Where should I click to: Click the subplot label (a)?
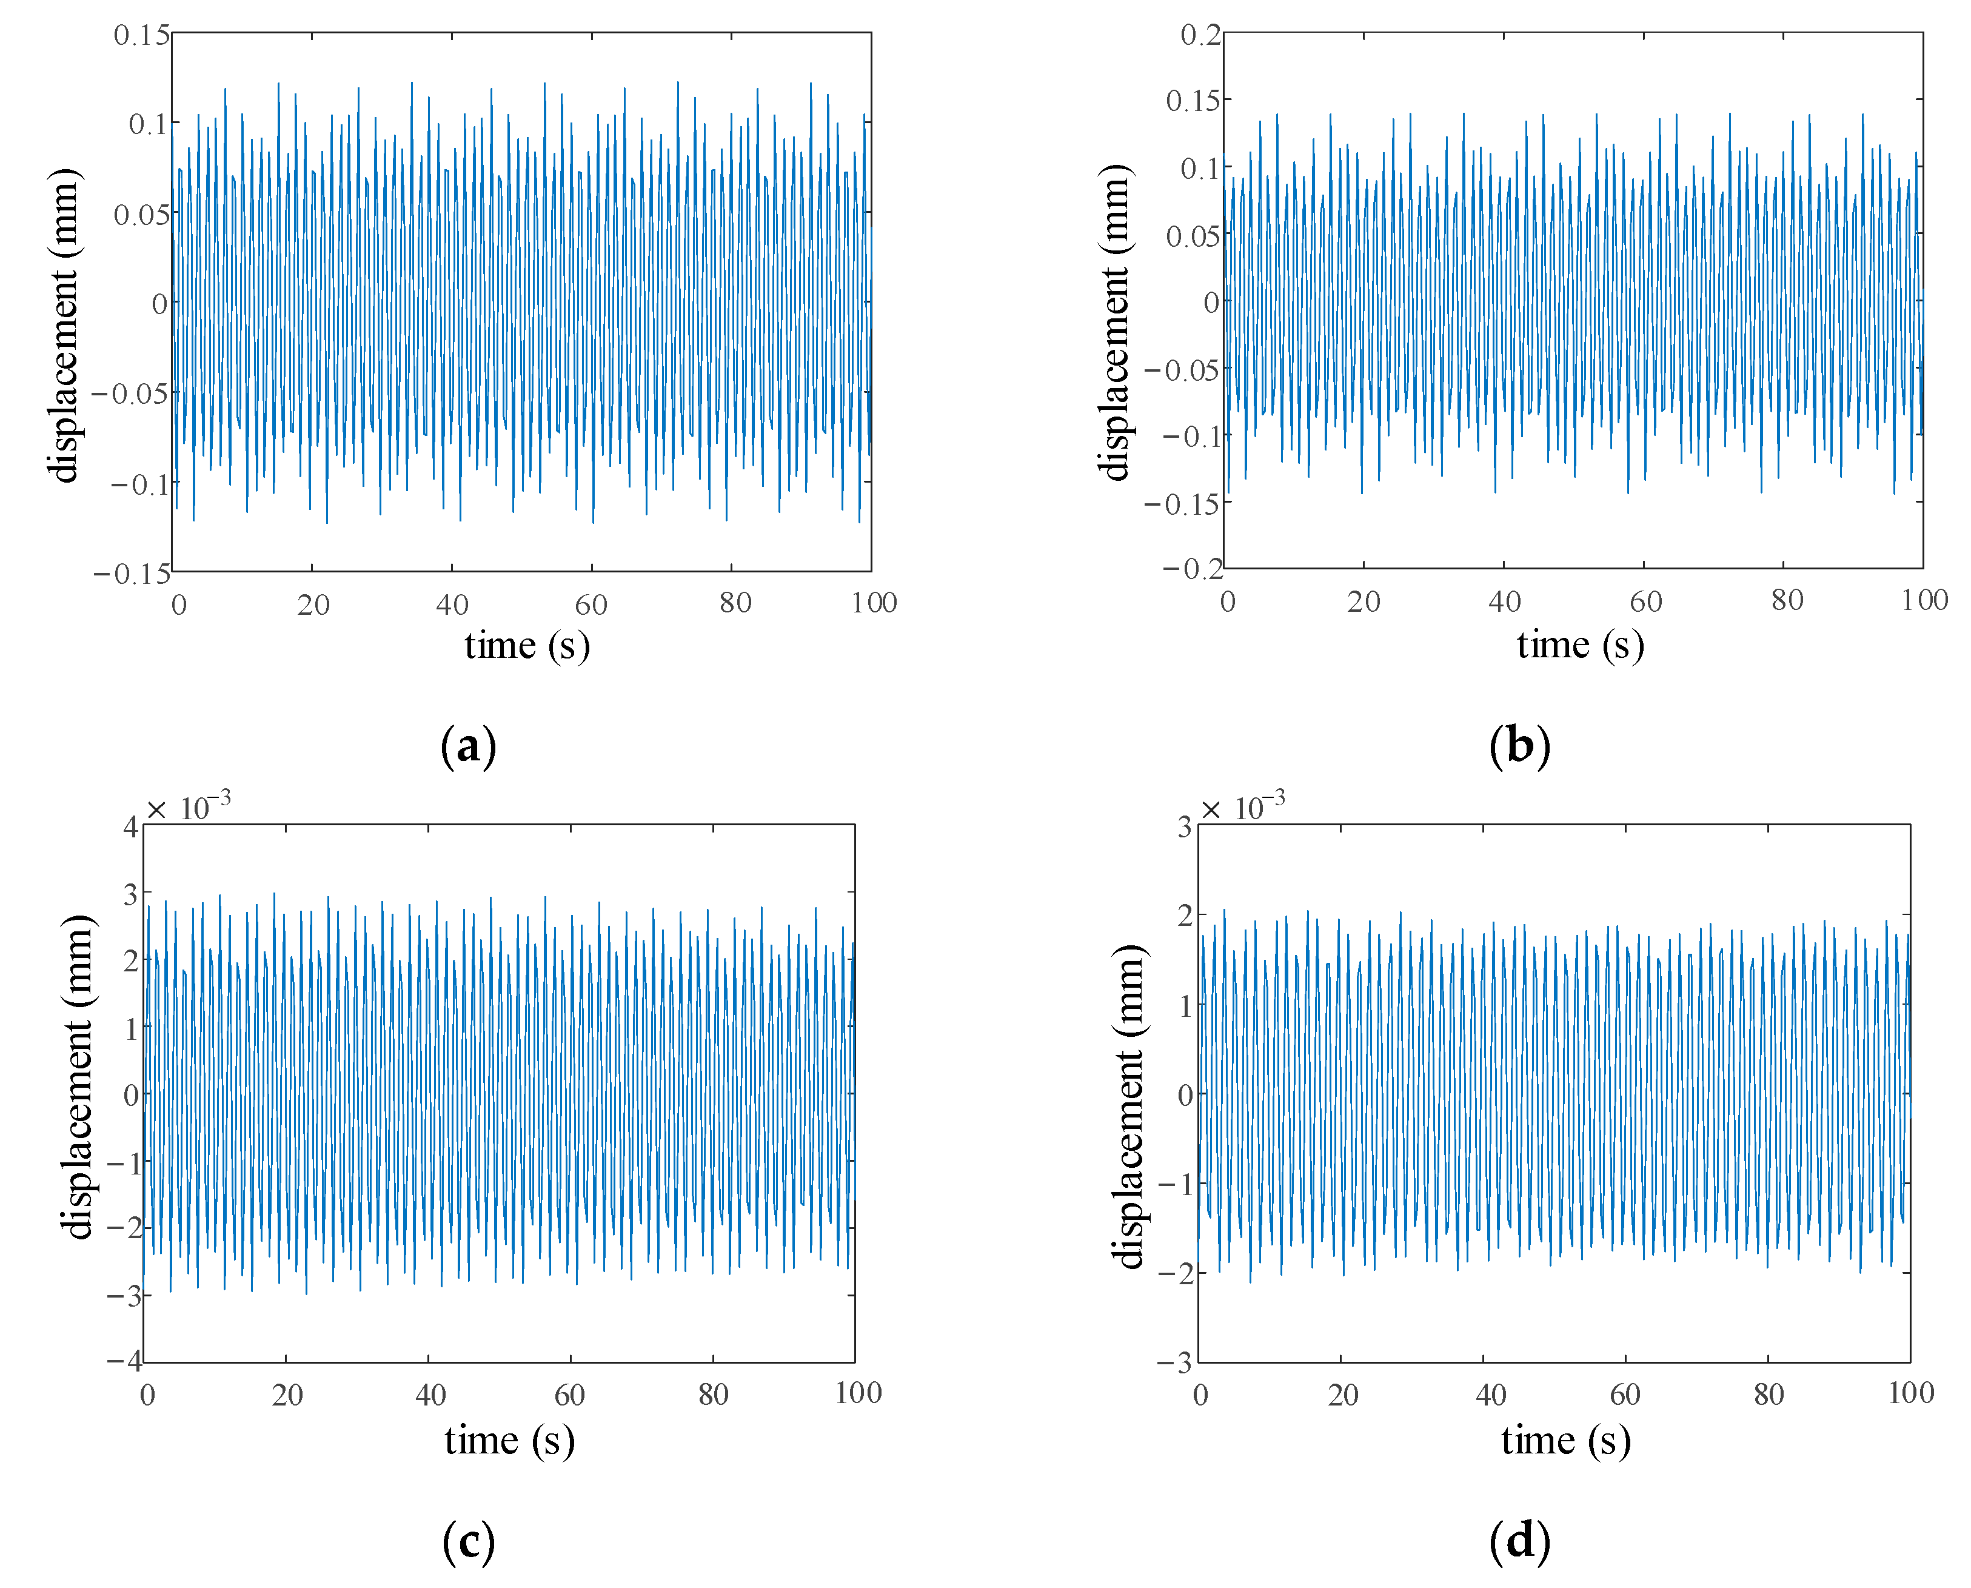point(468,746)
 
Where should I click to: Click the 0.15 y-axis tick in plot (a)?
point(142,36)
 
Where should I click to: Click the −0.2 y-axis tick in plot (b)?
point(1193,569)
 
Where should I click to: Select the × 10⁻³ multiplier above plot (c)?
point(189,808)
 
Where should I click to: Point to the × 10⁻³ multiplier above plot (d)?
point(1242,808)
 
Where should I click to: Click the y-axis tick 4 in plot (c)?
point(131,827)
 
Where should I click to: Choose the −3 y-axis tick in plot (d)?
point(1176,1363)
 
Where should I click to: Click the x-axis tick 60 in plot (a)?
point(591,605)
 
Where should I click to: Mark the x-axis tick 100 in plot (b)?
point(1924,601)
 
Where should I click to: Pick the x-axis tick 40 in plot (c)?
point(430,1395)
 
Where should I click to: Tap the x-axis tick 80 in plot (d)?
point(1769,1395)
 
